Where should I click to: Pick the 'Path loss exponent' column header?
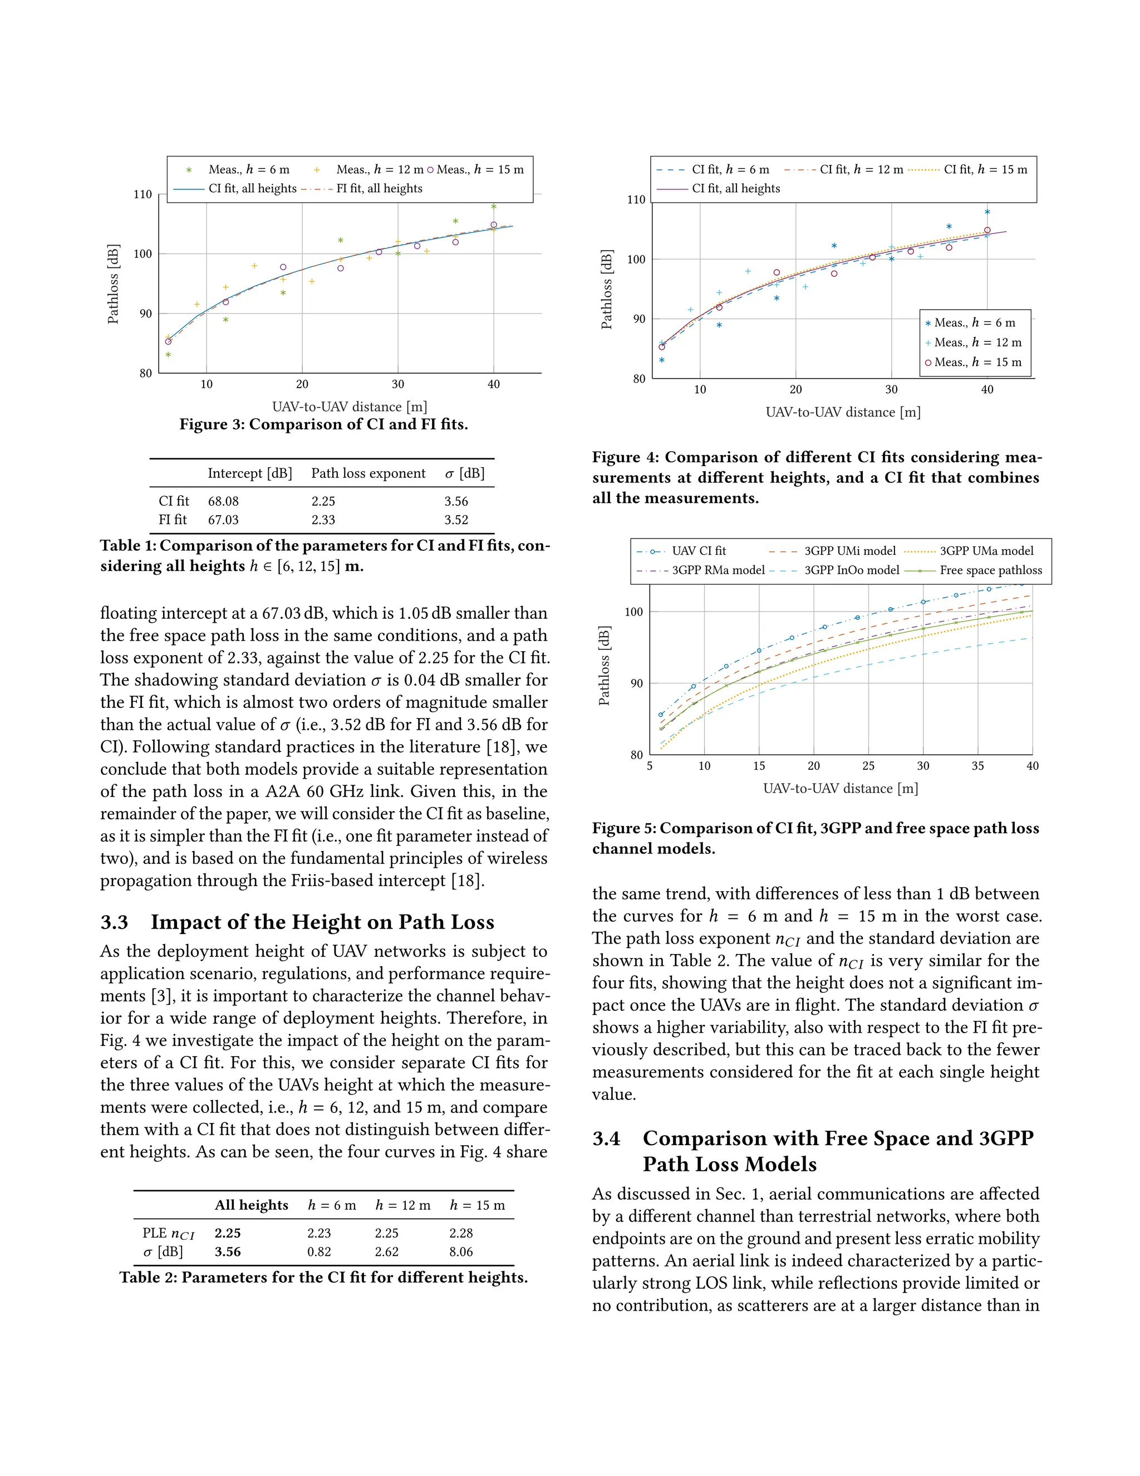(x=368, y=473)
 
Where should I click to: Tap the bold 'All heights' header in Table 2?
(x=251, y=1205)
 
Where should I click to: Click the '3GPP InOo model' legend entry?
(x=851, y=570)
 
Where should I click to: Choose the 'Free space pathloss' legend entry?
(x=990, y=570)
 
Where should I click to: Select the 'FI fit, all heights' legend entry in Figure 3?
(x=379, y=189)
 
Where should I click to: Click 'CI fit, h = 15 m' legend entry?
(x=985, y=170)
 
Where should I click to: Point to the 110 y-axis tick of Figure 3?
(x=142, y=194)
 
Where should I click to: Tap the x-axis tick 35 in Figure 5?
(x=977, y=766)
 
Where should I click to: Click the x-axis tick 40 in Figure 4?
(x=987, y=390)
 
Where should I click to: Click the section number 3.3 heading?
(x=114, y=922)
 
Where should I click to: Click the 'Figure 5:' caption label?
(x=623, y=829)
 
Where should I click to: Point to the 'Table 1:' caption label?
(x=127, y=546)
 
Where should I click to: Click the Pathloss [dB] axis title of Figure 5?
(x=604, y=666)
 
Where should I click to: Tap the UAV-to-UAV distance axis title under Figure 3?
(x=349, y=407)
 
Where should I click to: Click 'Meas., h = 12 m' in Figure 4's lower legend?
(x=976, y=343)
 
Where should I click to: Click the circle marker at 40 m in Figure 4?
(x=987, y=231)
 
